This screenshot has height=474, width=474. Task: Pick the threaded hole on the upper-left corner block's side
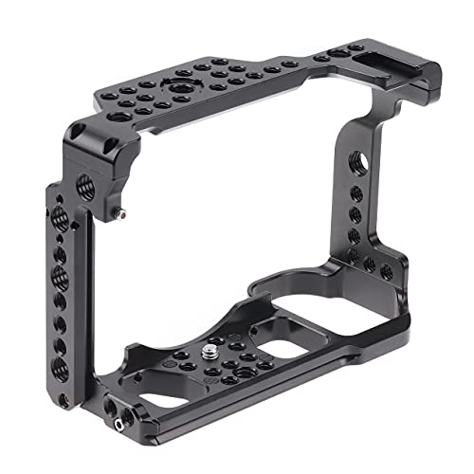77,179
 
